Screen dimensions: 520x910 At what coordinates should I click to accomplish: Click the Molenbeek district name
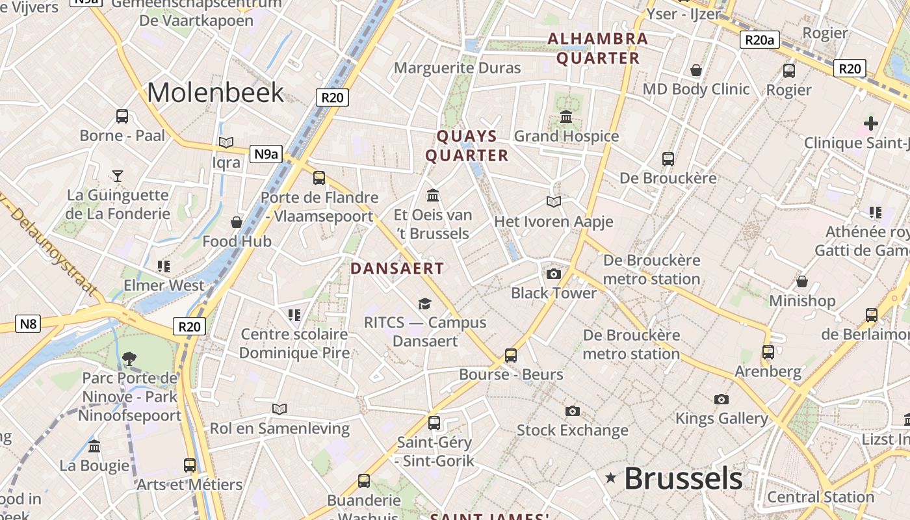[215, 93]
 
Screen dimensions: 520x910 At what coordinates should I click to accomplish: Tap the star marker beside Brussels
[610, 478]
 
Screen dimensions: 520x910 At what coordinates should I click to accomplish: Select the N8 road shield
[28, 323]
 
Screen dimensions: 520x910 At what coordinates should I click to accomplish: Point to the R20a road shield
[760, 40]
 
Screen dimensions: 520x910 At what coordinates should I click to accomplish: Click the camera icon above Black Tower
[554, 274]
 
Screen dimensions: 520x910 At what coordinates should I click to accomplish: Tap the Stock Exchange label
[572, 430]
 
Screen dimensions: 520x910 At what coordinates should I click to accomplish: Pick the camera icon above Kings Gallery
[721, 399]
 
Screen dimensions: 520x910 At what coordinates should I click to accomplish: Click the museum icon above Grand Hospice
[566, 117]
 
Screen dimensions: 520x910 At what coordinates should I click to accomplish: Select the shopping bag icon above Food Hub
[237, 222]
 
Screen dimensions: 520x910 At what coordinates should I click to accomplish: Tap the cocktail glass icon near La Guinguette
[118, 175]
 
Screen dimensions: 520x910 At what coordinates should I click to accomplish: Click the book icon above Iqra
[226, 142]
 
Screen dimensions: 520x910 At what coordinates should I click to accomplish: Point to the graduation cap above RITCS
[424, 304]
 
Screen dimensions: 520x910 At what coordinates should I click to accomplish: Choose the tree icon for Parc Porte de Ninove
[129, 357]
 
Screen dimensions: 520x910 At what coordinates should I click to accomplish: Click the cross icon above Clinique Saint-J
[870, 123]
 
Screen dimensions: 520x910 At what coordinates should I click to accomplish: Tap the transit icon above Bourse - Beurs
[511, 356]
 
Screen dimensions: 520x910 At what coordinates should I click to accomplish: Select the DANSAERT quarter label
[397, 268]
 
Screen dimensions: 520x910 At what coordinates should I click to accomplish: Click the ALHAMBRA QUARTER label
[598, 48]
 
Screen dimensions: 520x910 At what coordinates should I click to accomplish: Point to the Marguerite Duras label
[458, 68]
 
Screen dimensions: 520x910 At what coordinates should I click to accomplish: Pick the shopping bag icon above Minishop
[802, 281]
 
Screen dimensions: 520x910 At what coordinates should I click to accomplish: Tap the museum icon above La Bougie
[94, 447]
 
